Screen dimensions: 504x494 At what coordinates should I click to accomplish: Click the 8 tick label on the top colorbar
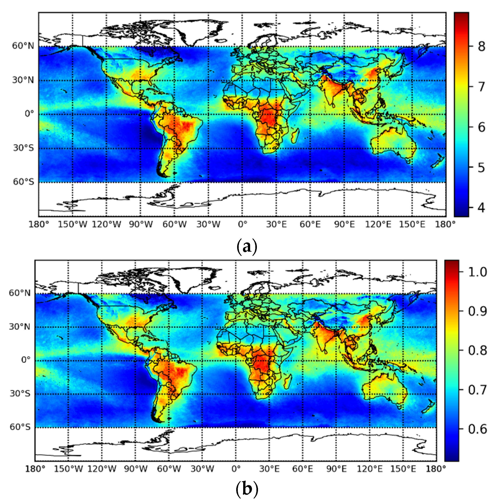(482, 47)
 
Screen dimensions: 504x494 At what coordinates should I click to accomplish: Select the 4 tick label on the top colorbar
(482, 207)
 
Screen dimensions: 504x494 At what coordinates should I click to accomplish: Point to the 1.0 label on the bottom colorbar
(477, 272)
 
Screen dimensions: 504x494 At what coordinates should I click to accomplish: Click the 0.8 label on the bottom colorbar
(477, 351)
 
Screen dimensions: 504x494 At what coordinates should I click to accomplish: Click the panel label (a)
(247, 247)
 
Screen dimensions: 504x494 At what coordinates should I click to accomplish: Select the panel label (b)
(247, 489)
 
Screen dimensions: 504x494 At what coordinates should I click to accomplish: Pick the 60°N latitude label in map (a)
(23, 46)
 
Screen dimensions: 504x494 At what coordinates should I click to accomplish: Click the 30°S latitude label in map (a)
(23, 148)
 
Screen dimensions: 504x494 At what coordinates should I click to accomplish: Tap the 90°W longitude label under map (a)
(141, 224)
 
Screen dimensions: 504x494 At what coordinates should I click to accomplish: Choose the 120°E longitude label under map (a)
(378, 224)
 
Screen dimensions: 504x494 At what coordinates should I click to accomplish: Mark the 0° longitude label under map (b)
(236, 469)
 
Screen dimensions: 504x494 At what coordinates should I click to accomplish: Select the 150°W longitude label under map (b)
(68, 469)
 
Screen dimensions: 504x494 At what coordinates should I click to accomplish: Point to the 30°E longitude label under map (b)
(269, 469)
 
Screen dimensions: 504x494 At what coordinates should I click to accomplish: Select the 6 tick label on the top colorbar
(482, 127)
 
